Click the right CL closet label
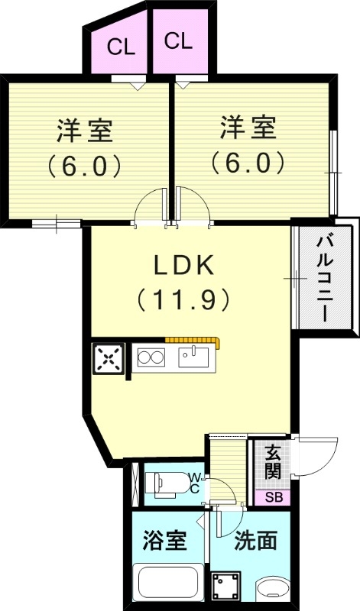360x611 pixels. point(177,41)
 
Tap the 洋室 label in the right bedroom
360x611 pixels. point(248,128)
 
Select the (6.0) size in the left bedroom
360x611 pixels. point(85,165)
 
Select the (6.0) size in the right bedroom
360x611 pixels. point(248,162)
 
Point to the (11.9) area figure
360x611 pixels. point(183,299)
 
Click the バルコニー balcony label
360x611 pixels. point(326,279)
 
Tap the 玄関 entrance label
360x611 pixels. point(273,463)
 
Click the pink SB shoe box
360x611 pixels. point(273,496)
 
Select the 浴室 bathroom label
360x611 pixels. point(165,541)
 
